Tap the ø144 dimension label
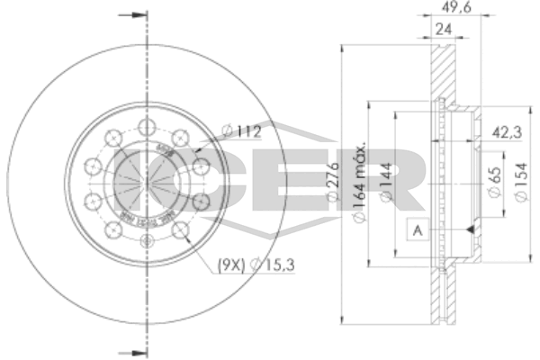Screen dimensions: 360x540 (384, 180)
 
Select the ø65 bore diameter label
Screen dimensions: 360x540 (493, 179)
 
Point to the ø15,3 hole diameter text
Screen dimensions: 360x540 (260, 264)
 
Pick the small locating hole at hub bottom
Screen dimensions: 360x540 (148, 240)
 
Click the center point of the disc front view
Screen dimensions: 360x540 (146, 181)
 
